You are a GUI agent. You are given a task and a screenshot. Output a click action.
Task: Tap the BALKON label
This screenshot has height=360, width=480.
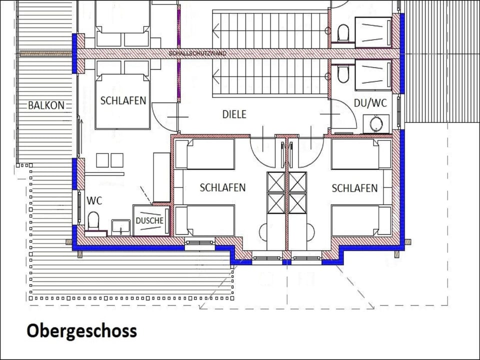(x=46, y=105)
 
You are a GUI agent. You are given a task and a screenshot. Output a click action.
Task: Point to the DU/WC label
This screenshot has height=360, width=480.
(x=370, y=103)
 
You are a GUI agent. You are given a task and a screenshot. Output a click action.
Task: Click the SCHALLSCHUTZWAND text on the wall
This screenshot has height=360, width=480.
(x=198, y=53)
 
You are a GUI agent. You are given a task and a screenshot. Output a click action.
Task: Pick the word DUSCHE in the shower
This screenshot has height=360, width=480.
(x=149, y=220)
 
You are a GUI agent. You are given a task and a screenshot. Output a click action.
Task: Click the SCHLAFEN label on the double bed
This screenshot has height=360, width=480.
(x=123, y=100)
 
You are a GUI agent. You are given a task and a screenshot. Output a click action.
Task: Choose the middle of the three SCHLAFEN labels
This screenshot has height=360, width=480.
(x=222, y=187)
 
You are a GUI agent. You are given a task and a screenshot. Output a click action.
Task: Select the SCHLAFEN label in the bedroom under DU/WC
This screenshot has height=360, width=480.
(x=355, y=188)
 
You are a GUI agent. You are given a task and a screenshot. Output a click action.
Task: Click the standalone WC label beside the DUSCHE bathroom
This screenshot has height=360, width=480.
(x=94, y=201)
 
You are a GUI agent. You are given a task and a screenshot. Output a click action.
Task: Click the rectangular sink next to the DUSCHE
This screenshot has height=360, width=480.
(x=121, y=227)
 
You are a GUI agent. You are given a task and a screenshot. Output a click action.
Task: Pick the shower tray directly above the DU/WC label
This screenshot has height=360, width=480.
(x=373, y=75)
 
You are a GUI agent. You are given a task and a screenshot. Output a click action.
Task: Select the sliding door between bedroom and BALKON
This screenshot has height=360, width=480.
(x=79, y=136)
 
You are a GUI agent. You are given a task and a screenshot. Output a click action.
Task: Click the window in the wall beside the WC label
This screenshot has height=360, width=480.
(x=79, y=207)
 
